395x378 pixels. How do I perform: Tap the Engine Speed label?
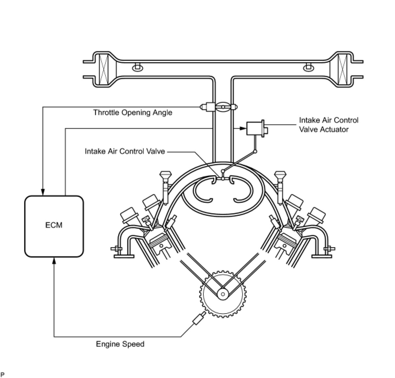(120, 344)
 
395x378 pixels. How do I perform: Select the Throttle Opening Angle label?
(133, 112)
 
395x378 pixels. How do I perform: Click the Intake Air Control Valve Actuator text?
(328, 125)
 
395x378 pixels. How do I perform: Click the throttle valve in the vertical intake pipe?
(223, 107)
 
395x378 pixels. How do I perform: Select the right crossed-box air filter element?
(343, 70)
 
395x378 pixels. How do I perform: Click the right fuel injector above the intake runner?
(279, 182)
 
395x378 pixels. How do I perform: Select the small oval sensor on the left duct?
(137, 68)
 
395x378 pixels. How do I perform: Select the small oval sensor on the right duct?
(308, 68)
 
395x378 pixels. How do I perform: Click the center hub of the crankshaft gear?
(223, 294)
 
